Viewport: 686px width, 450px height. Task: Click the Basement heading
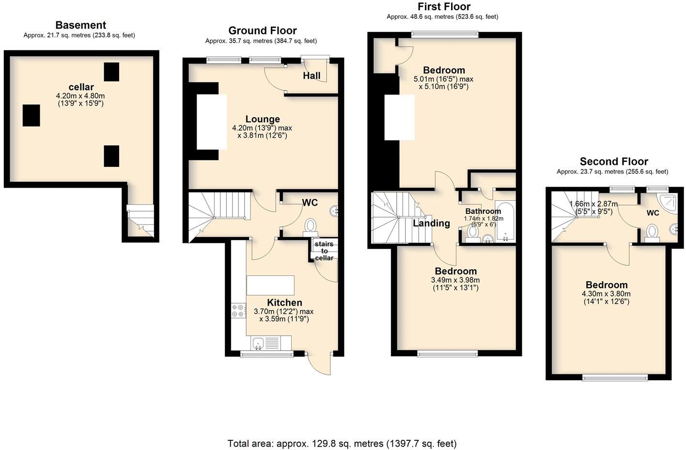[80, 25]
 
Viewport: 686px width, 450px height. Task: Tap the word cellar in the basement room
[81, 87]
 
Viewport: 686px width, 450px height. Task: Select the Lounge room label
[263, 119]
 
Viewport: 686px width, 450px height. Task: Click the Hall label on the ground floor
[312, 76]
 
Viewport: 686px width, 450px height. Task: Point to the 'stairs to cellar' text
[324, 251]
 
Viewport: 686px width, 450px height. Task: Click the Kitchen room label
[284, 303]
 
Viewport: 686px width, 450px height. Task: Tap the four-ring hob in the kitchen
[238, 310]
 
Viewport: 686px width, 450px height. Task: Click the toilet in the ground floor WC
[310, 226]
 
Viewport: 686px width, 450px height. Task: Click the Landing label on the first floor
[431, 223]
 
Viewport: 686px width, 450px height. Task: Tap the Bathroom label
[483, 211]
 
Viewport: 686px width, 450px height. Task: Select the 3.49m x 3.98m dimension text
[455, 280]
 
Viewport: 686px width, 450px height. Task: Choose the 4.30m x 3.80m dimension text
[606, 294]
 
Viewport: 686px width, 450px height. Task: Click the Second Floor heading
[614, 161]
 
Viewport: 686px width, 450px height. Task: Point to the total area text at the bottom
[342, 443]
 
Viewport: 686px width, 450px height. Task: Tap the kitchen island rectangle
[270, 285]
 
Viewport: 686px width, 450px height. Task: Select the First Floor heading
[444, 6]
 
